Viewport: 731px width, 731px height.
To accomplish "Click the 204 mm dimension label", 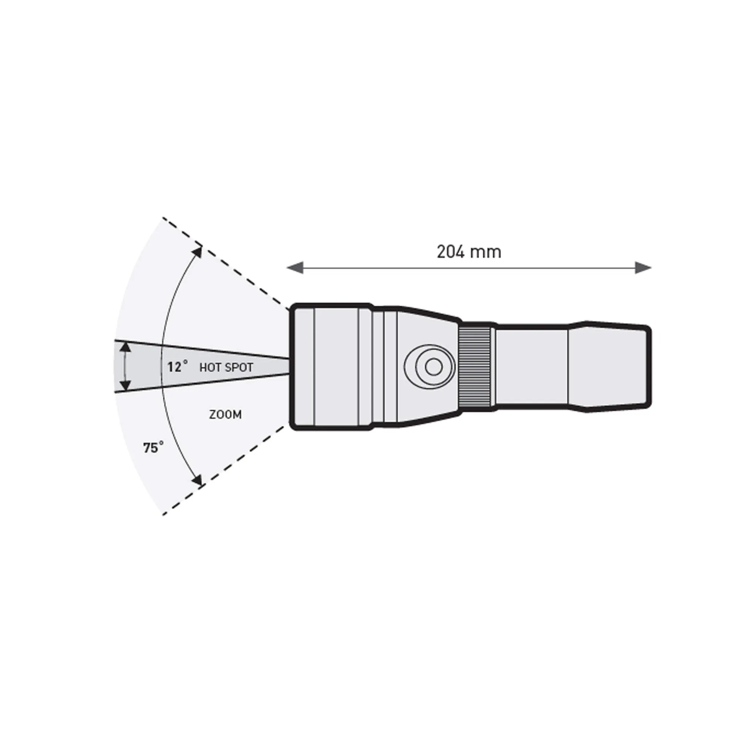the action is click(x=469, y=252).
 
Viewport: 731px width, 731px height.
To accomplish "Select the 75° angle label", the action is click(x=153, y=448).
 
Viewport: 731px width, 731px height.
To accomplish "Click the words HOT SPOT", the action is click(x=226, y=367).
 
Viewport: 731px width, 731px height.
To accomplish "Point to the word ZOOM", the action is click(x=226, y=415).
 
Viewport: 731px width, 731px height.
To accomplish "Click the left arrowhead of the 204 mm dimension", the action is click(x=295, y=268).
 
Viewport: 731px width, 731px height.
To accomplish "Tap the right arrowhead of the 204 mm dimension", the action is click(x=643, y=268).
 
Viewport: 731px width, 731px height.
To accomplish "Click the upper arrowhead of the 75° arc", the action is click(x=197, y=252).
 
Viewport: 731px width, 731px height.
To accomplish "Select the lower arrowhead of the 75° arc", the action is click(x=197, y=481).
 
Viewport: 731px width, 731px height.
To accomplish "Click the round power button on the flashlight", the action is click(x=433, y=366).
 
